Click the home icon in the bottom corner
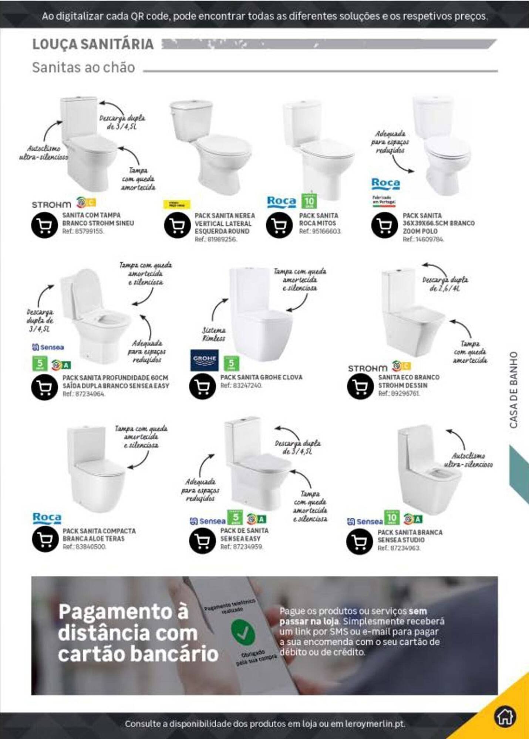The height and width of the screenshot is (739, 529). (x=505, y=717)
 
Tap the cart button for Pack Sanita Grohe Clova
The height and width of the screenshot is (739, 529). (x=202, y=386)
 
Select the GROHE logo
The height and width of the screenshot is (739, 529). (x=204, y=360)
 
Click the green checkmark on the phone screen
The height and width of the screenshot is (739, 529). (x=243, y=632)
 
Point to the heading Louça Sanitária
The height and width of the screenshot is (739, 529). (x=93, y=44)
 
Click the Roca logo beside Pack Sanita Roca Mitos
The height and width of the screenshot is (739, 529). (x=282, y=202)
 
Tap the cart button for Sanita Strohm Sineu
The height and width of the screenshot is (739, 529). (x=44, y=225)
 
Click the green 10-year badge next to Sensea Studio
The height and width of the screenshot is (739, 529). (x=391, y=518)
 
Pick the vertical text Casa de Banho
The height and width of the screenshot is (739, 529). (x=513, y=389)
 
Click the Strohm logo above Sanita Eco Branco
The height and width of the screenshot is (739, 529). (x=367, y=368)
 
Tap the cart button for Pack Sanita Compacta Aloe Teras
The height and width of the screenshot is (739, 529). (x=45, y=539)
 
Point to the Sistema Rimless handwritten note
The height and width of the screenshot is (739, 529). (x=213, y=334)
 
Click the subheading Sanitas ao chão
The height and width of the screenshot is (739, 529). (x=84, y=68)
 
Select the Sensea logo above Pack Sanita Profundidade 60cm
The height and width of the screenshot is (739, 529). (x=48, y=347)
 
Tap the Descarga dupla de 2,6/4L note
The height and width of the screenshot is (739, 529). (x=445, y=284)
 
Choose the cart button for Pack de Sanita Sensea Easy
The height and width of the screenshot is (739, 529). (x=202, y=541)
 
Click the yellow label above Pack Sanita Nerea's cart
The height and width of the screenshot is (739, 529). (x=177, y=204)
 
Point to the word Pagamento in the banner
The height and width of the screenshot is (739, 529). (x=124, y=612)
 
